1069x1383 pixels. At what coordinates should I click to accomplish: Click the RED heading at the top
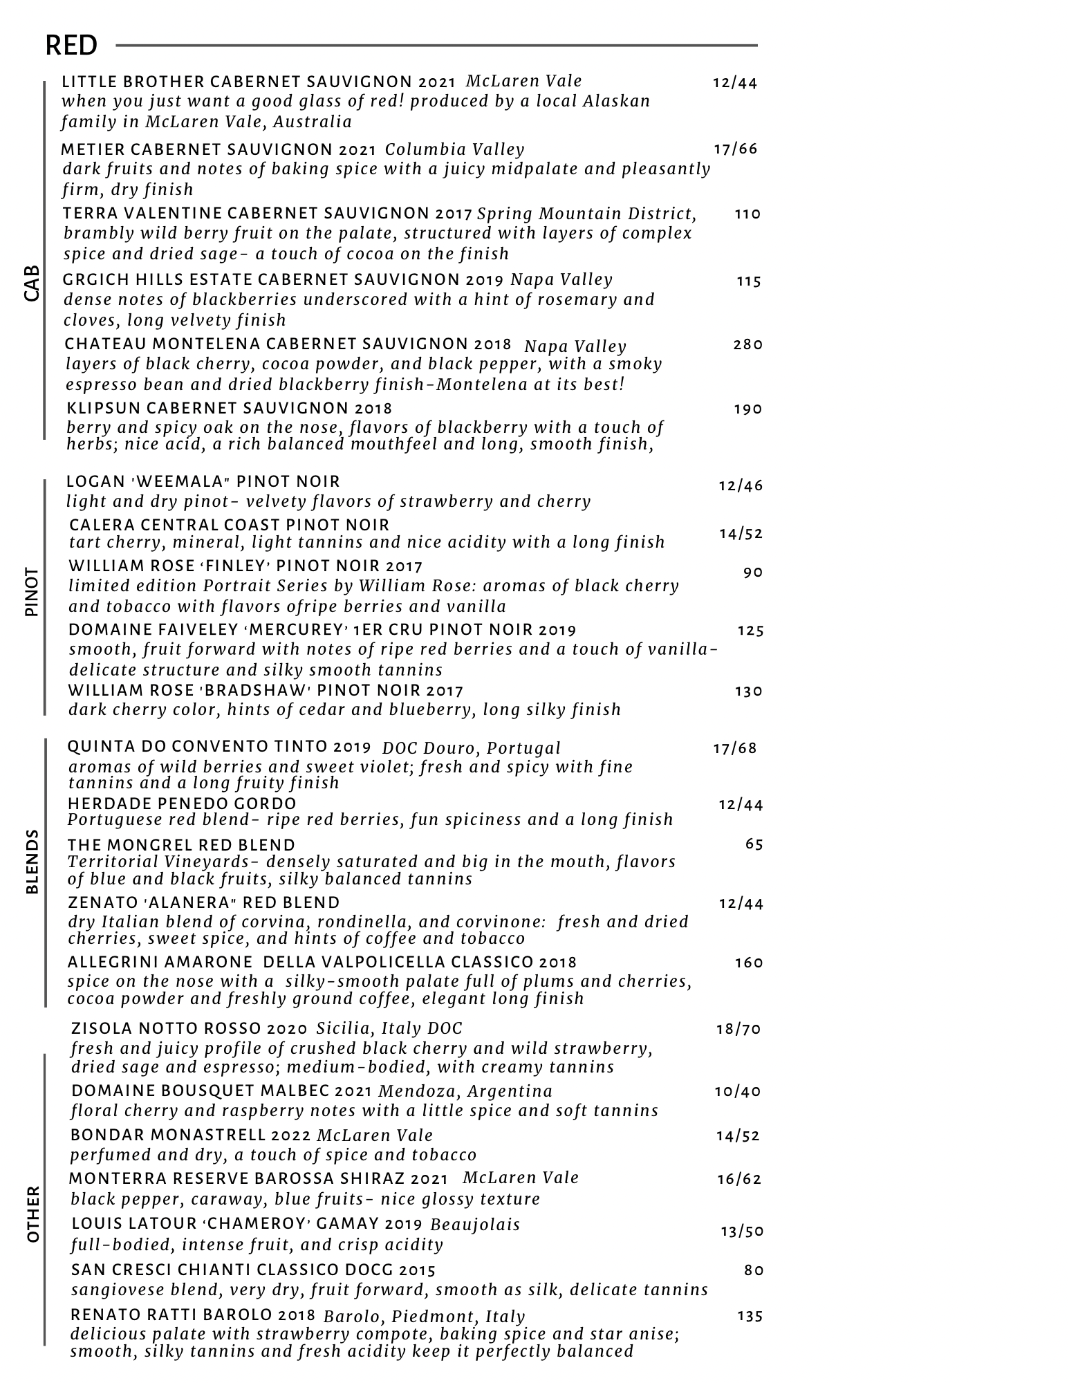click(x=71, y=46)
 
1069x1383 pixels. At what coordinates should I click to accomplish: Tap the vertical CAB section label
click(x=32, y=284)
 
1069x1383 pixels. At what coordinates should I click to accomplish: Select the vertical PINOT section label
click(x=32, y=592)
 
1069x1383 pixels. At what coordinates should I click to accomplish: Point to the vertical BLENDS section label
click(x=32, y=862)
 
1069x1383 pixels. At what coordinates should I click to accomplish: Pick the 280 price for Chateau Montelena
click(x=747, y=344)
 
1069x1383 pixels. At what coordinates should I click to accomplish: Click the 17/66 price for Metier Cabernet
click(x=736, y=149)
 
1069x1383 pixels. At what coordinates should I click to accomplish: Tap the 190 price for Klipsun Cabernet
click(x=747, y=409)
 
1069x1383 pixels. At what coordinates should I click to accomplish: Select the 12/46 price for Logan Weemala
click(x=741, y=485)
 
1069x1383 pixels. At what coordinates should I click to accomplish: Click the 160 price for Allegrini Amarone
click(x=749, y=963)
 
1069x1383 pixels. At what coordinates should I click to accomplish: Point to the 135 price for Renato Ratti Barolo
click(x=750, y=1316)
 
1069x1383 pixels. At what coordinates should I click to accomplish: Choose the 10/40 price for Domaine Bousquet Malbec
click(x=738, y=1091)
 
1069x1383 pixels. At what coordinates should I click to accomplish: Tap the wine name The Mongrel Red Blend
click(x=181, y=845)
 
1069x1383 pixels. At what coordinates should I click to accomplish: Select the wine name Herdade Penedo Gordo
click(x=182, y=804)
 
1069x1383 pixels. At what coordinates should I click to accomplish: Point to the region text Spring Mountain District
click(x=586, y=214)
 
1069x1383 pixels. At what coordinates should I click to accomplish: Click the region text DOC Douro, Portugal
click(x=472, y=748)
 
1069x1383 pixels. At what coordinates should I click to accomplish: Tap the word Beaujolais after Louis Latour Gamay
click(x=475, y=1225)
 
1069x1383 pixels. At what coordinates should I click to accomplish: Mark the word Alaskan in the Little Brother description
click(x=616, y=101)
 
